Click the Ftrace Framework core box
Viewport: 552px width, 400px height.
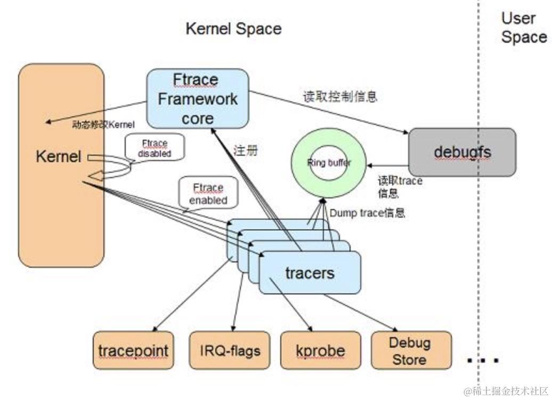(x=198, y=99)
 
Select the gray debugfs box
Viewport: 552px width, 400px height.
(x=462, y=153)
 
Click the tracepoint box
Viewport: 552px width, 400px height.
(x=133, y=350)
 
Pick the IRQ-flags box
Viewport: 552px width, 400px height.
(x=230, y=350)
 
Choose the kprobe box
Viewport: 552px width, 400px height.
(x=320, y=350)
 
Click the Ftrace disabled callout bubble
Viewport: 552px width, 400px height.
(x=155, y=148)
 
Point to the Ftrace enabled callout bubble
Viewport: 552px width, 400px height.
(x=208, y=195)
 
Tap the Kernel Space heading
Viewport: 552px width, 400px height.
(x=233, y=29)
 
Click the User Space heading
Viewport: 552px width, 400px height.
(x=523, y=28)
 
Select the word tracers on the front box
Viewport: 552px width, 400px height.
(x=310, y=273)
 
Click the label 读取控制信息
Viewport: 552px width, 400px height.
(x=339, y=97)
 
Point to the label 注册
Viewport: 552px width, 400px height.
(x=246, y=150)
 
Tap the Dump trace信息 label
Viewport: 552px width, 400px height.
(x=367, y=213)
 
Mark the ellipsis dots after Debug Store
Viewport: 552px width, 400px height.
(x=483, y=360)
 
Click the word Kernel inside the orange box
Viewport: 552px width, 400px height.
(x=59, y=157)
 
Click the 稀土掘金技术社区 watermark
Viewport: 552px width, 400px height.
(x=506, y=391)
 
